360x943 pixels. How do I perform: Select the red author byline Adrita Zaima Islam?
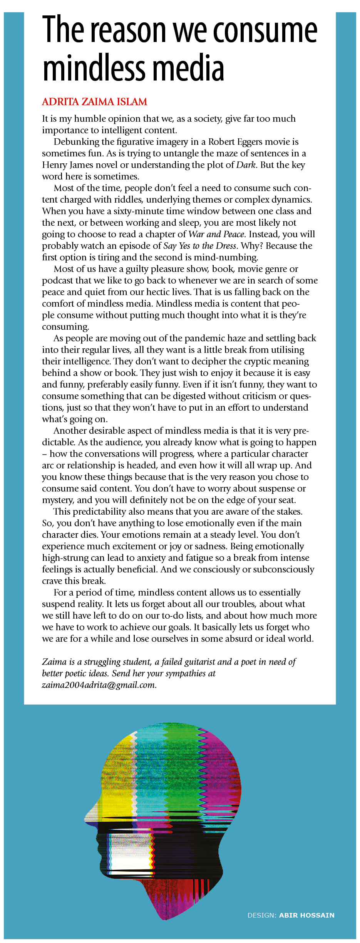coord(94,102)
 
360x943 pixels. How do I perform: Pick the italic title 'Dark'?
coord(246,165)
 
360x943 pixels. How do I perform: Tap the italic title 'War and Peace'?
coord(216,234)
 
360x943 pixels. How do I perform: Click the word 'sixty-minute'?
coord(140,211)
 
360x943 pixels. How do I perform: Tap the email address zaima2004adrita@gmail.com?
coord(99,685)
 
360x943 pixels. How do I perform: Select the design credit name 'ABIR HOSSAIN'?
coord(306,915)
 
